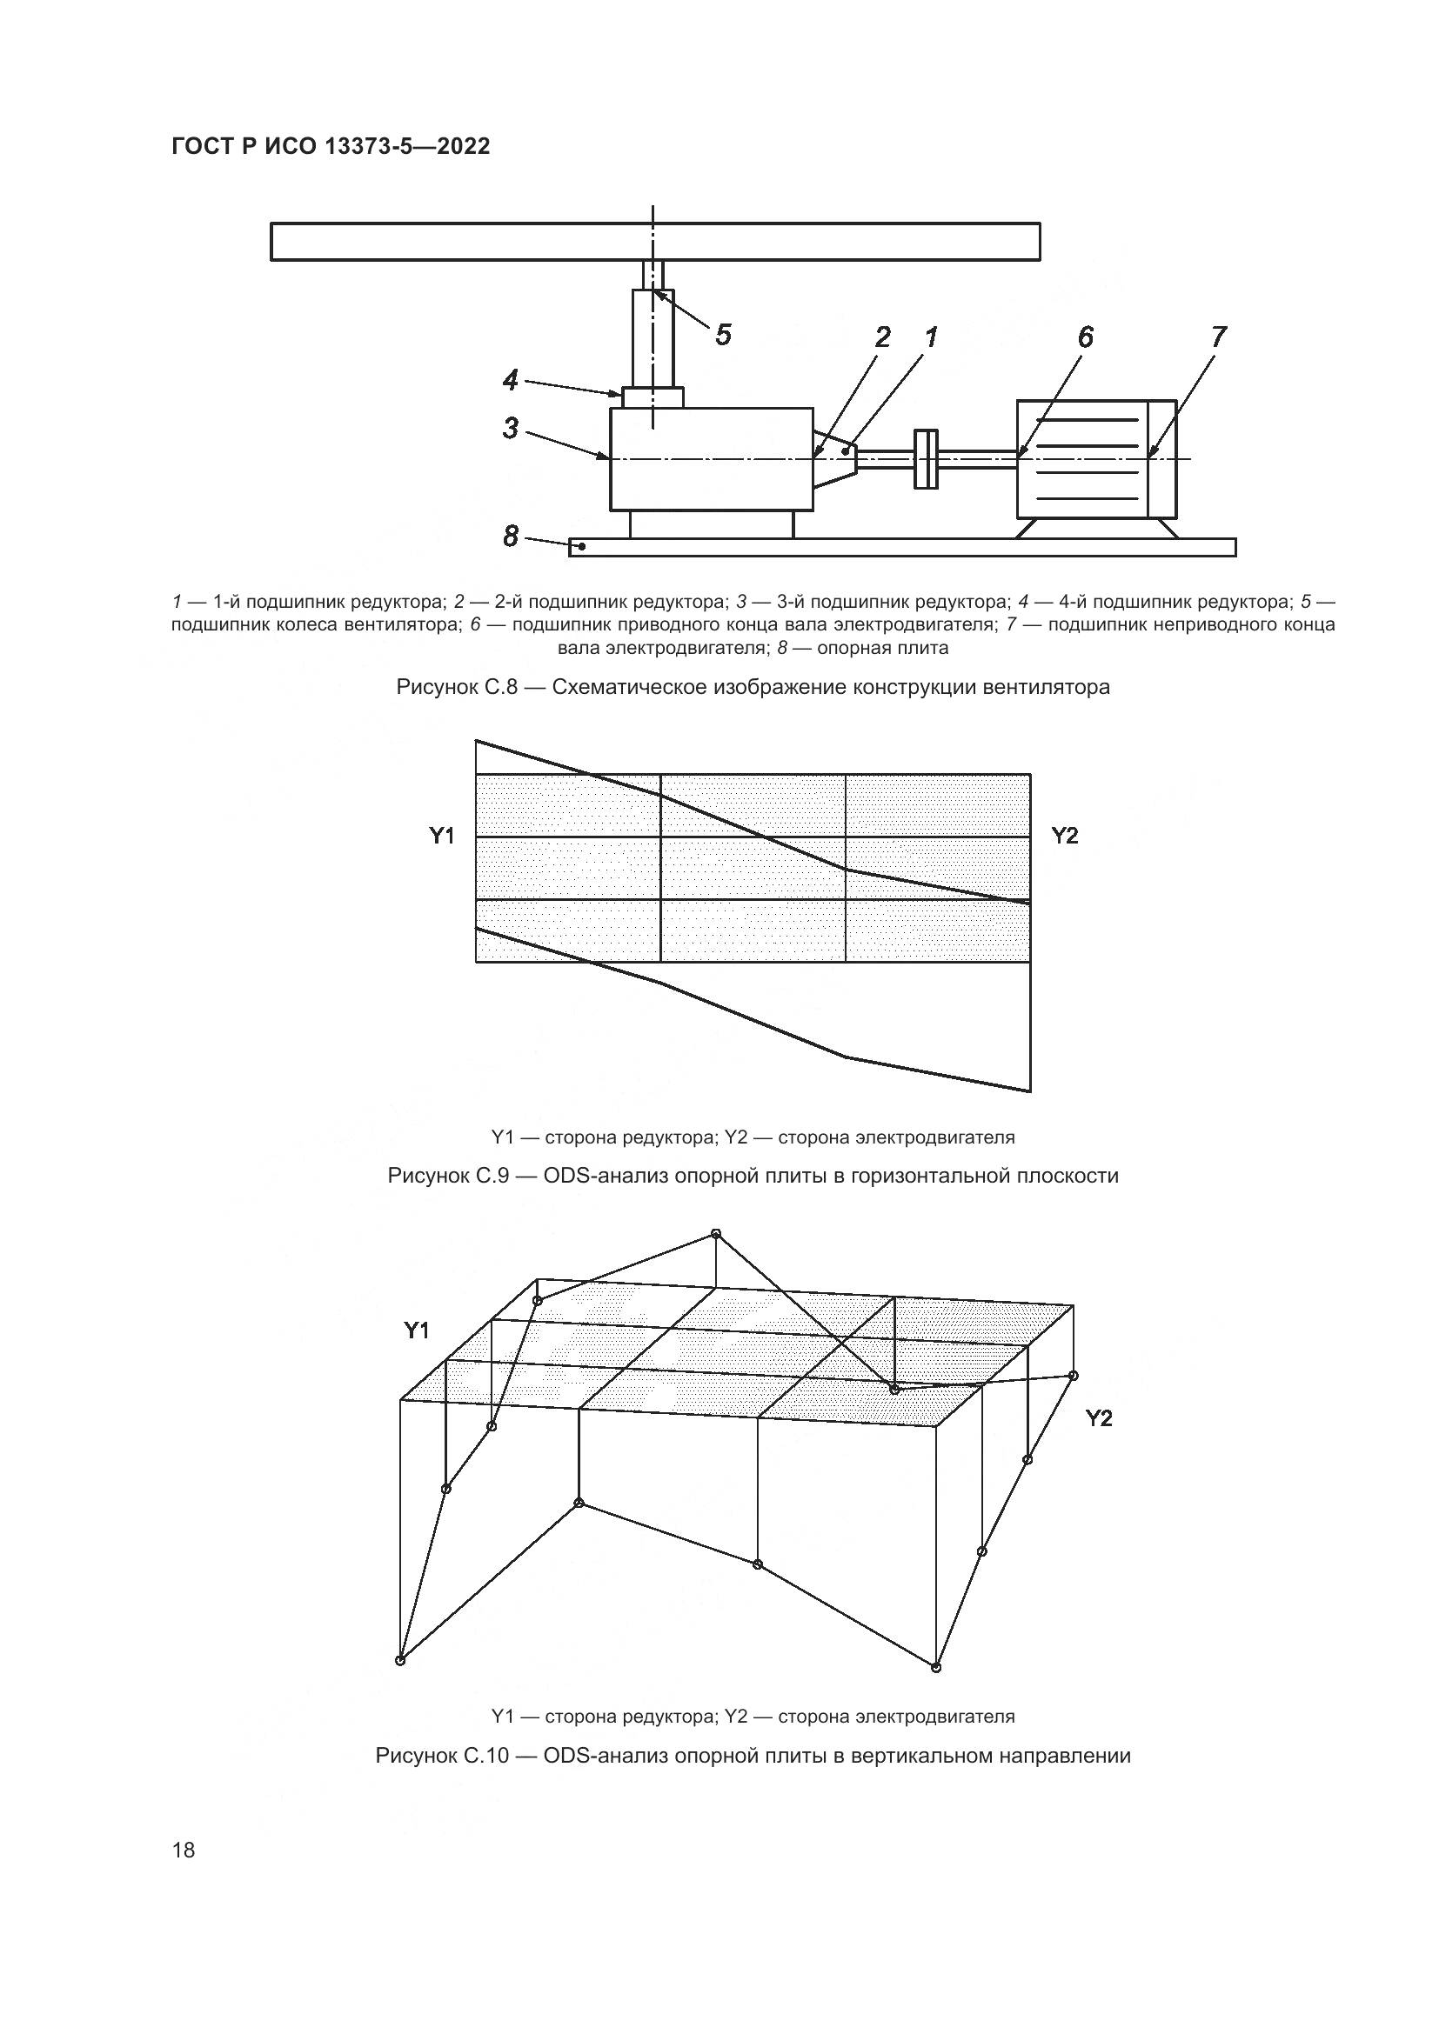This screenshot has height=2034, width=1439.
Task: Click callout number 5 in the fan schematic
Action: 723,335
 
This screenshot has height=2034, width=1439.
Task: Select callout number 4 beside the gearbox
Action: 511,380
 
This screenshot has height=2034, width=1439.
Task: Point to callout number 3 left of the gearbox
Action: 511,429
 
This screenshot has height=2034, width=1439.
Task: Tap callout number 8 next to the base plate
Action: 511,536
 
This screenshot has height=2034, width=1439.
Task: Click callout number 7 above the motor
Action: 1218,337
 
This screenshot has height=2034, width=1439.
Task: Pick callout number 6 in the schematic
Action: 1086,337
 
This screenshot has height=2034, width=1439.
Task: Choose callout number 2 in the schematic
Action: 881,337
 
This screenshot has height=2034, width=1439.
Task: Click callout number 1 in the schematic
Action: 930,337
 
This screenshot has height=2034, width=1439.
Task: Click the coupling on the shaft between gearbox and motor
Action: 925,458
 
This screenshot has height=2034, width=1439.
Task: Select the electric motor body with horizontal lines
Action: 1096,459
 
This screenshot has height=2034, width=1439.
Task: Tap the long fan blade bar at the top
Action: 655,242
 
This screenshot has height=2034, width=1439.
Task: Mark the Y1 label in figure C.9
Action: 442,836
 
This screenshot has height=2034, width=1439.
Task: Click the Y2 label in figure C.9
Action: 1064,836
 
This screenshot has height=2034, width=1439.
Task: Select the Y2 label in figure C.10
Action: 1099,1418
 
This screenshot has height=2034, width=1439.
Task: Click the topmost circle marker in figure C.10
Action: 716,1233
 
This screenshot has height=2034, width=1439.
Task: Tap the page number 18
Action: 184,1850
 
